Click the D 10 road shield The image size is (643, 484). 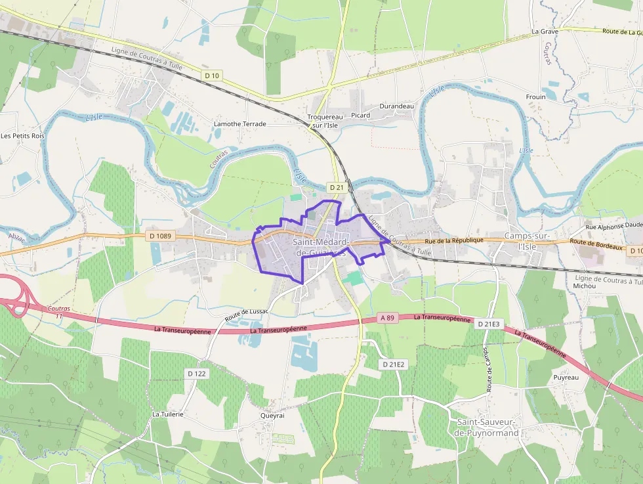pos(212,76)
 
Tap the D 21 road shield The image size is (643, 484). pos(337,187)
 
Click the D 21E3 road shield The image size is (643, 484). pos(488,324)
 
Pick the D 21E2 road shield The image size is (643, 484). pos(394,364)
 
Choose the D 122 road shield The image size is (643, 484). pos(196,373)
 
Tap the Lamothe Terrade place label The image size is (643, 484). pos(240,123)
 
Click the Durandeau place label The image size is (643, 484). pos(397,106)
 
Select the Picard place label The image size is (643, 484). pos(360,115)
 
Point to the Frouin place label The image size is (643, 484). pos(535,97)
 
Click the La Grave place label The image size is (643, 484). pos(545,31)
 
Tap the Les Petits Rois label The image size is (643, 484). pos(22,136)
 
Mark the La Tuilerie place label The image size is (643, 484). pos(167,414)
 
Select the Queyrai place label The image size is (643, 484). pos(272,416)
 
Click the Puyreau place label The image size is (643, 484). pos(566,378)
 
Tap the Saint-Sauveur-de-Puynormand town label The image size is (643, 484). pos(487,428)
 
